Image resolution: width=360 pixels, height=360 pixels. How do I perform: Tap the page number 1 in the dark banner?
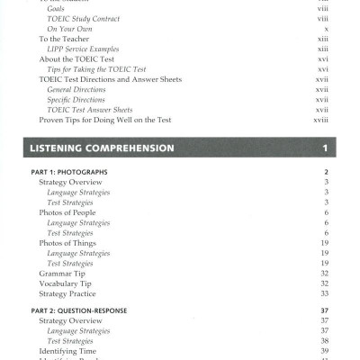pos(324,147)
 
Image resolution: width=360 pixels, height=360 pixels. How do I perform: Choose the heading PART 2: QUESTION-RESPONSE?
pos(83,310)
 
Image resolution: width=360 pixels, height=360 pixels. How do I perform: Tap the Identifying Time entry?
pos(67,351)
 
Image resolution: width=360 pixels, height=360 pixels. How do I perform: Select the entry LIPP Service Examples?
pos(83,49)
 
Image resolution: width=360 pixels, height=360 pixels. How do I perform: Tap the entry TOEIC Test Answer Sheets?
pos(89,110)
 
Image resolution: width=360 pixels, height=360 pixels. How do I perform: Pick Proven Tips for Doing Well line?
pos(105,120)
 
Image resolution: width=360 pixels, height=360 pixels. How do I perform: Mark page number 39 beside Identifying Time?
pos(324,351)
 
